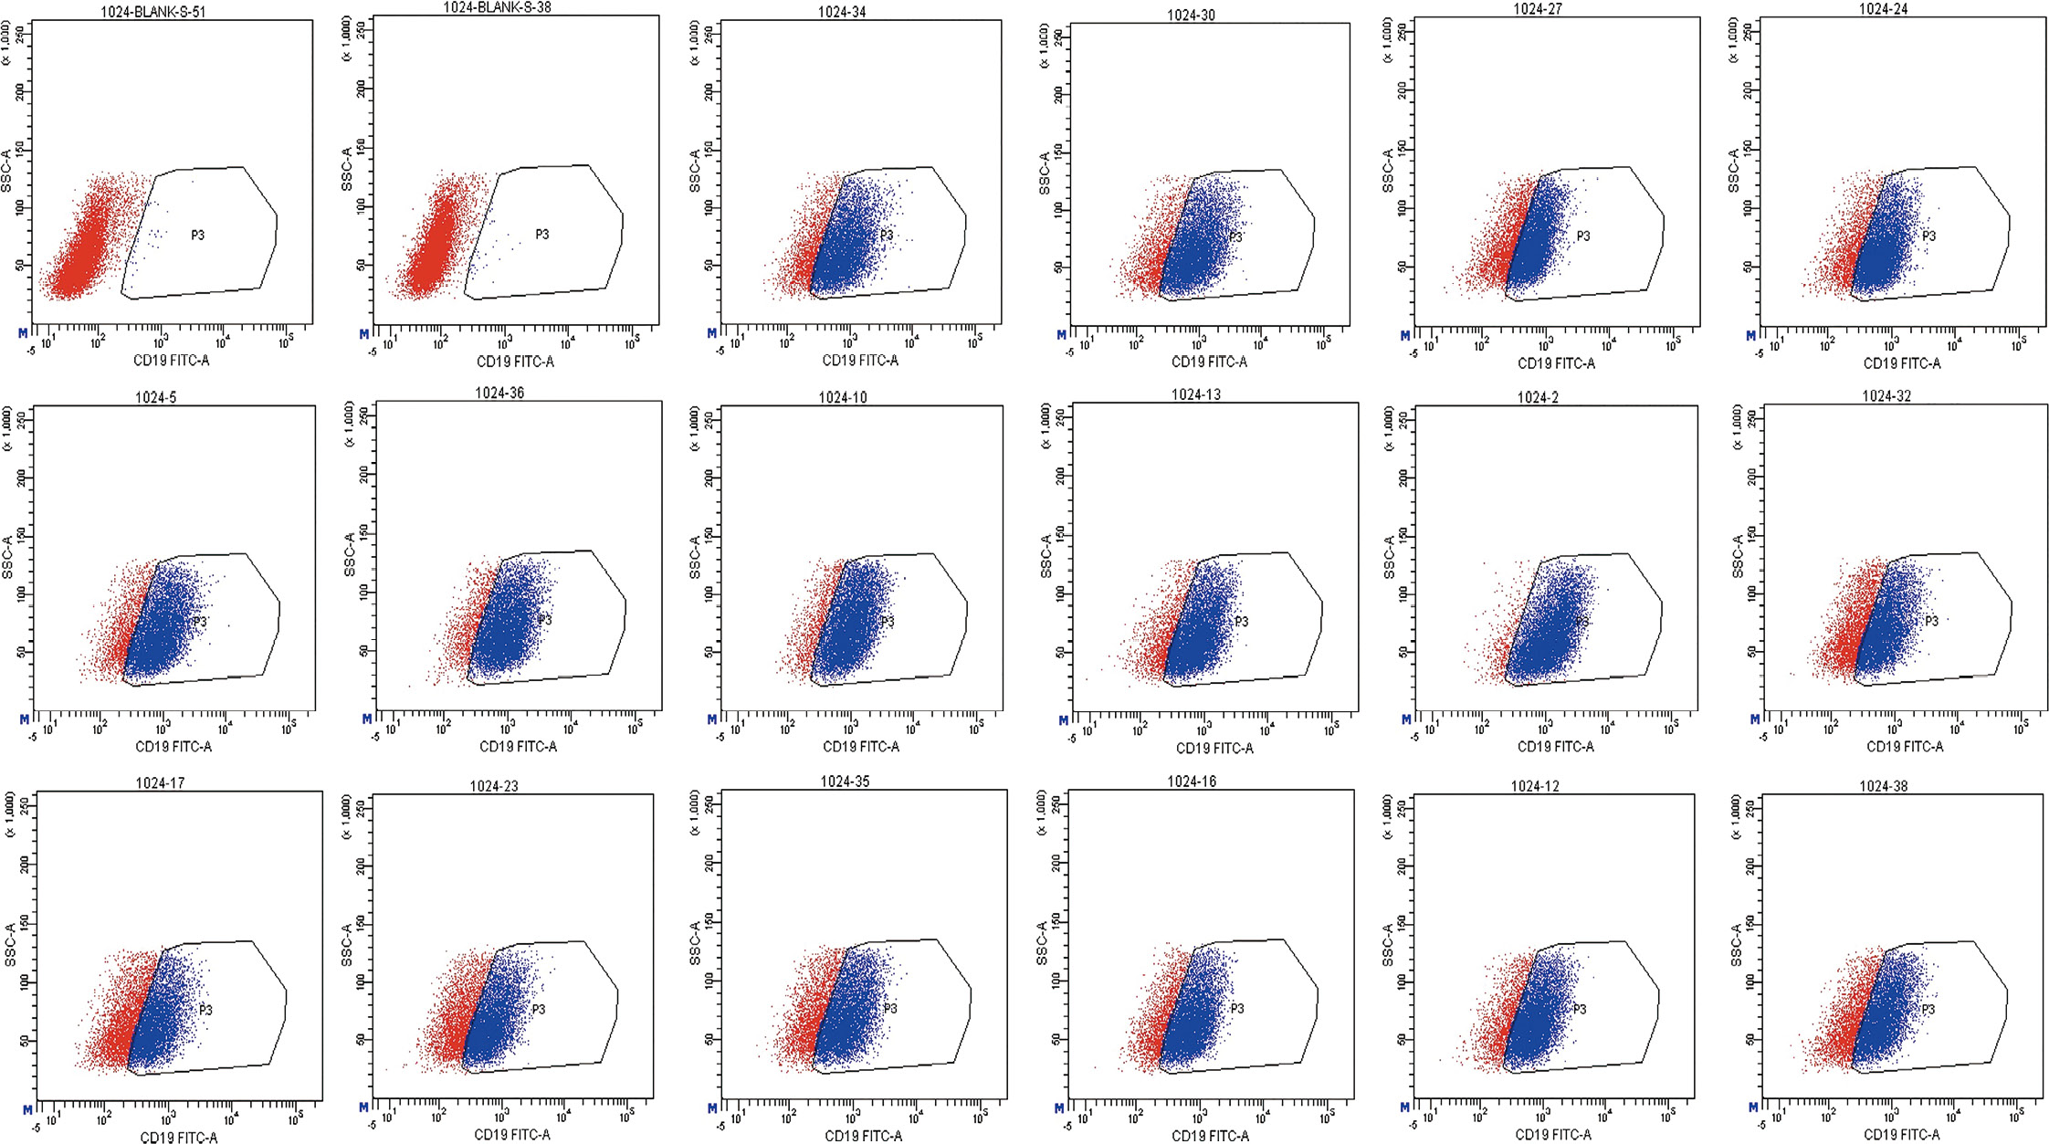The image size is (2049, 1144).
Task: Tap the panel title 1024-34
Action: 843,12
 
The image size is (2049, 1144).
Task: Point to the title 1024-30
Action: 1191,16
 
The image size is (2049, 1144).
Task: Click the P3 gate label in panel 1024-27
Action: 1582,236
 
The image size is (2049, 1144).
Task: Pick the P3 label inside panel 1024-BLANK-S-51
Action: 197,235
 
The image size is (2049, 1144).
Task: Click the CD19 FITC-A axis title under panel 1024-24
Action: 1902,362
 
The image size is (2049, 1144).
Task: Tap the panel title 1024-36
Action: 499,394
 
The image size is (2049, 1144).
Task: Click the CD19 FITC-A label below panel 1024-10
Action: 861,746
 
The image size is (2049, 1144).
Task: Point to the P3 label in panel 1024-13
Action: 1241,622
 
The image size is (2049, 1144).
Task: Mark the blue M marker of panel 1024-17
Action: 27,1109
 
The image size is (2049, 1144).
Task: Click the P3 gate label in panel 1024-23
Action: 538,1009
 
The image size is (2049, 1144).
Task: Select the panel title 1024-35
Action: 846,782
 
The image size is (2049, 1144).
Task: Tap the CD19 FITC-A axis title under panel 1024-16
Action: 1211,1136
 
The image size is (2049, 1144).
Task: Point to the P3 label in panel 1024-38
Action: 1928,1009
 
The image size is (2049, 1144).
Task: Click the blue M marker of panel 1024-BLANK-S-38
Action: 364,334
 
